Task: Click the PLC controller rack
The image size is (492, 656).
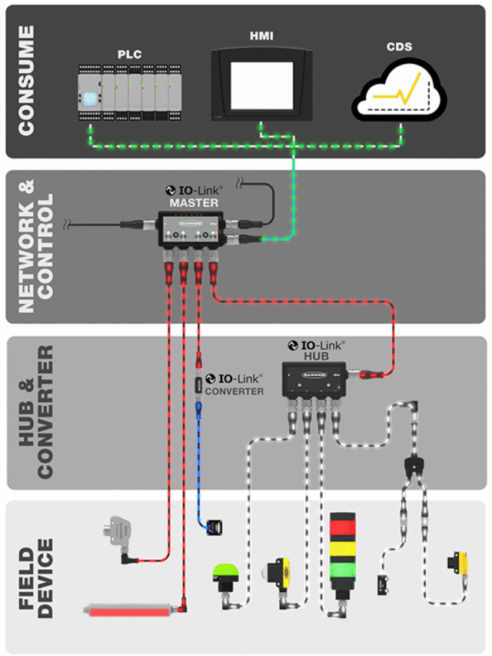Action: tap(130, 92)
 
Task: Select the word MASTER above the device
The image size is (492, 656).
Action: tap(193, 203)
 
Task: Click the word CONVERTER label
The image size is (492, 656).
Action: tap(234, 391)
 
